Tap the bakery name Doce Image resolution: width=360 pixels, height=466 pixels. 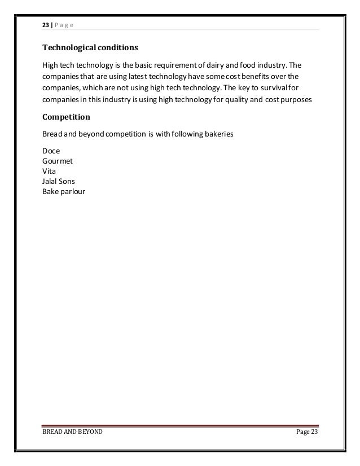[51, 151]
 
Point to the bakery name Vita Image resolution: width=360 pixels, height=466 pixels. [49, 170]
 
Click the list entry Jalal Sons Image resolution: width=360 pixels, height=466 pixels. [59, 181]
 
